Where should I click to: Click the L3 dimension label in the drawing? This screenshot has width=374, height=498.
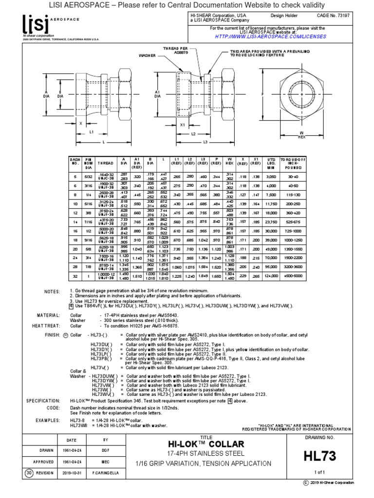tap(206, 142)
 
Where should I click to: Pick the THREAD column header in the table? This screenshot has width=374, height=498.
tap(105, 163)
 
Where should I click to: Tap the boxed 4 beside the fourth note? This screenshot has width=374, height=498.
tap(71, 306)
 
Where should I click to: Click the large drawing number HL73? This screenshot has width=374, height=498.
tap(320, 456)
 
